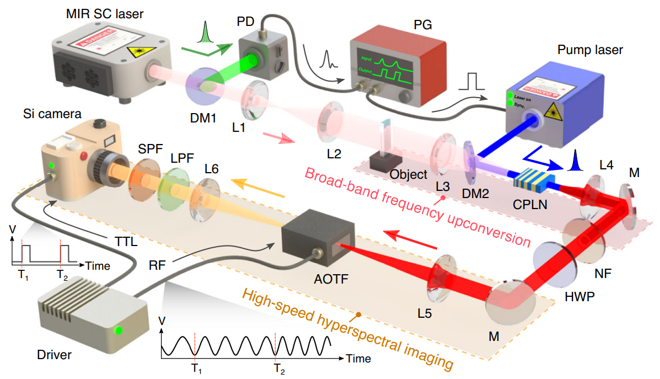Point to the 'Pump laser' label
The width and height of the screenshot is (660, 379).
590,50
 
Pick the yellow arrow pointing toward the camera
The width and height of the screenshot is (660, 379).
257,187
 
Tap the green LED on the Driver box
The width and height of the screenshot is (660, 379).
117,331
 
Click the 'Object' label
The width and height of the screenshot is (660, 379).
407,174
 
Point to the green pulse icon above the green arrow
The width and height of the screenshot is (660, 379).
205,31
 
